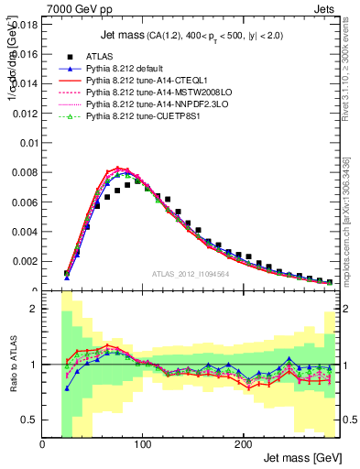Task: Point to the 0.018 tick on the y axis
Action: (24, 26)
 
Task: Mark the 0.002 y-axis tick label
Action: (24, 261)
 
